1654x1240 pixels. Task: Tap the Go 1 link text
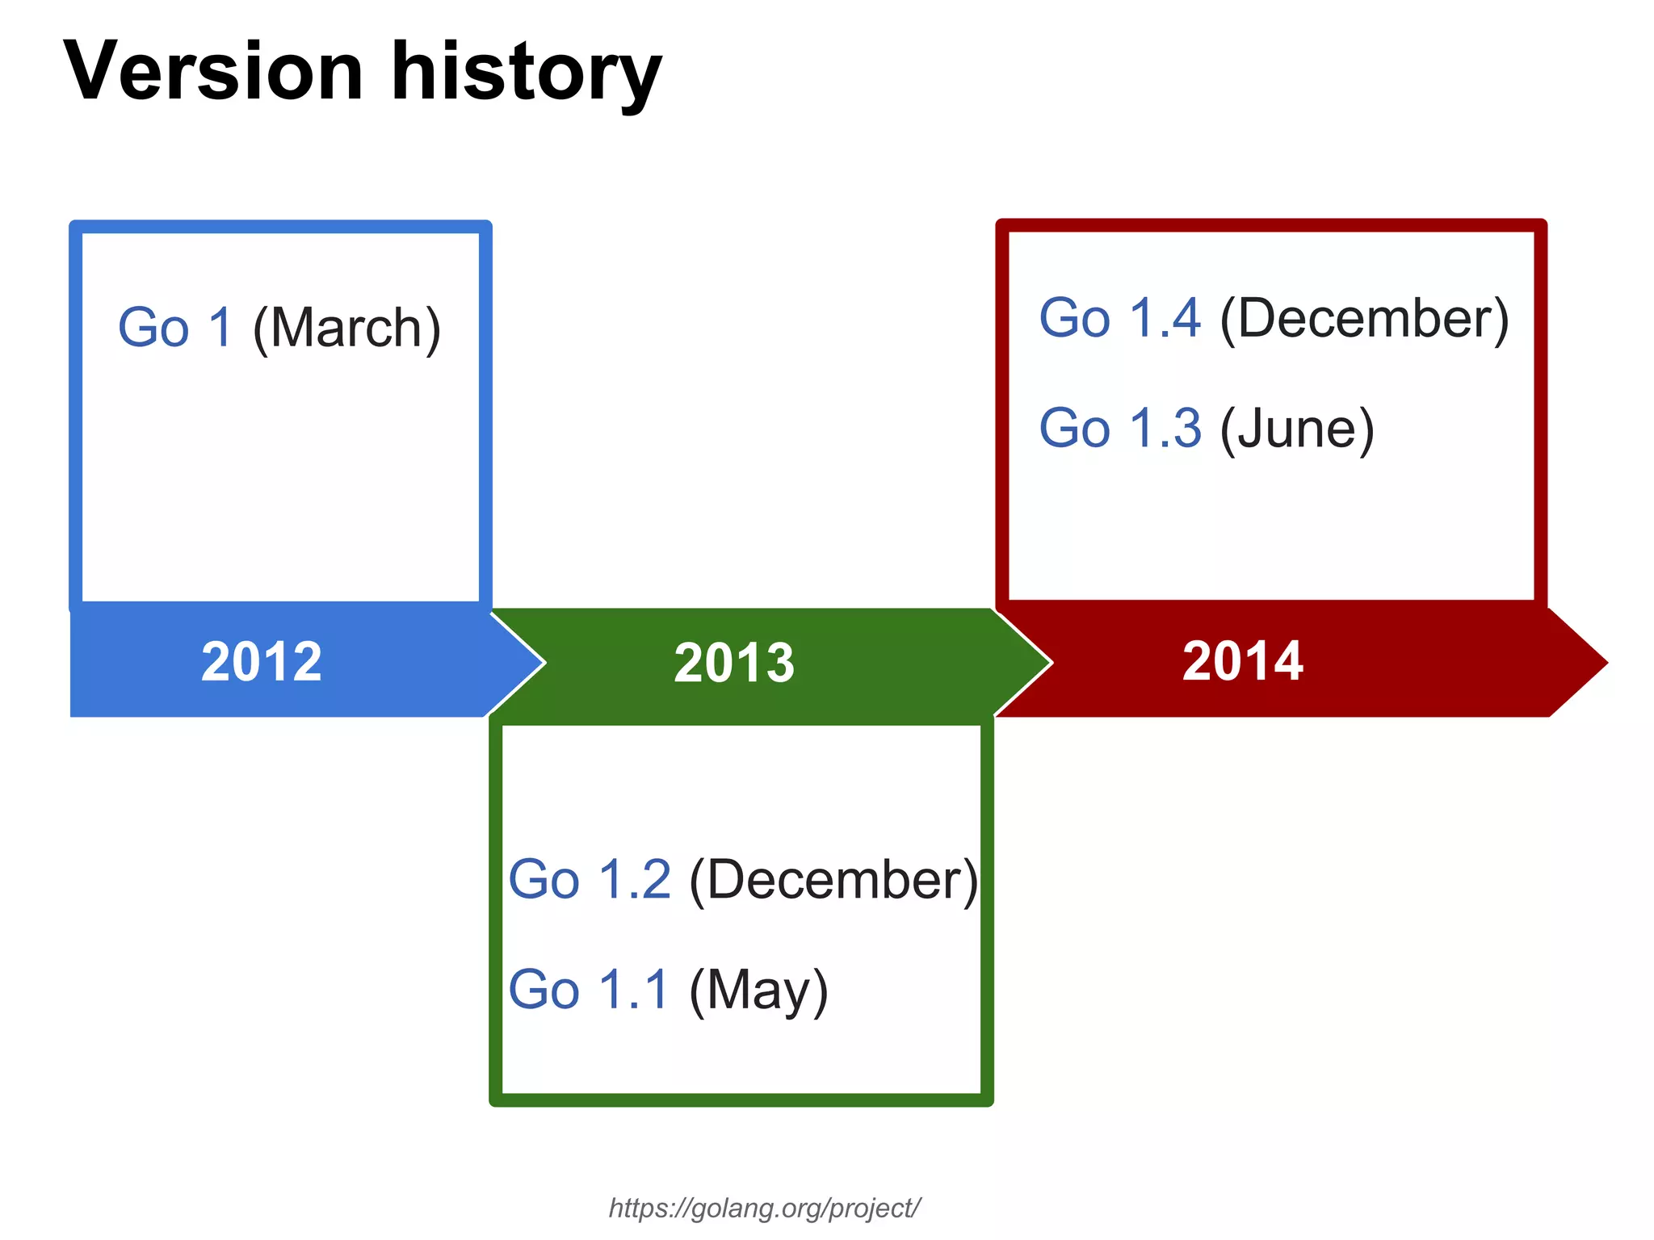coord(175,328)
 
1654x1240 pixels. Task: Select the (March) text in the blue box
coord(346,328)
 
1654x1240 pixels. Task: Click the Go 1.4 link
coord(1119,317)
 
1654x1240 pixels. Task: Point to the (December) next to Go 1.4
coord(1364,318)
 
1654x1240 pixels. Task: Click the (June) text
coord(1297,428)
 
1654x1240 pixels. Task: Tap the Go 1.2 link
coord(590,879)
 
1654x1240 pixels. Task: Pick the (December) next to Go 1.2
coord(833,879)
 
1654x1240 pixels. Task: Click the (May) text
coord(758,990)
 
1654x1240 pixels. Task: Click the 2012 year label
coord(262,662)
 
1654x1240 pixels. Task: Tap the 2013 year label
coord(734,663)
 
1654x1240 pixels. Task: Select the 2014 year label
coord(1242,661)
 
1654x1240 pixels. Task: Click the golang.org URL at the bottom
coord(764,1209)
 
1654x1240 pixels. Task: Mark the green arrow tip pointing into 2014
coord(1034,663)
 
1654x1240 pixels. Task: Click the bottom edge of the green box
coord(741,1100)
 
